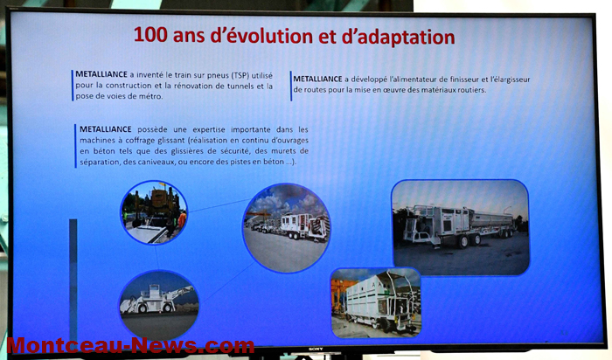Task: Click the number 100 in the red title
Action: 150,34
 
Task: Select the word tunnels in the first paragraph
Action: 240,86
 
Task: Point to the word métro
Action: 151,96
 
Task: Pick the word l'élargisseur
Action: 510,80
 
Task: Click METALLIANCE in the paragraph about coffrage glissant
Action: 106,129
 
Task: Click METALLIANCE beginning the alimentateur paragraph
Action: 317,79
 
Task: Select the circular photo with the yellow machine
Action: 154,212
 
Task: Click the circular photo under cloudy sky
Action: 287,228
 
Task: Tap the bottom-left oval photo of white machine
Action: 159,305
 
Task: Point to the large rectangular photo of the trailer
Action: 461,227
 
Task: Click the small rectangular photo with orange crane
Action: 376,302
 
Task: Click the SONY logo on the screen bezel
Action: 316,350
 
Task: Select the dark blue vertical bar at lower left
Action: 73,280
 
